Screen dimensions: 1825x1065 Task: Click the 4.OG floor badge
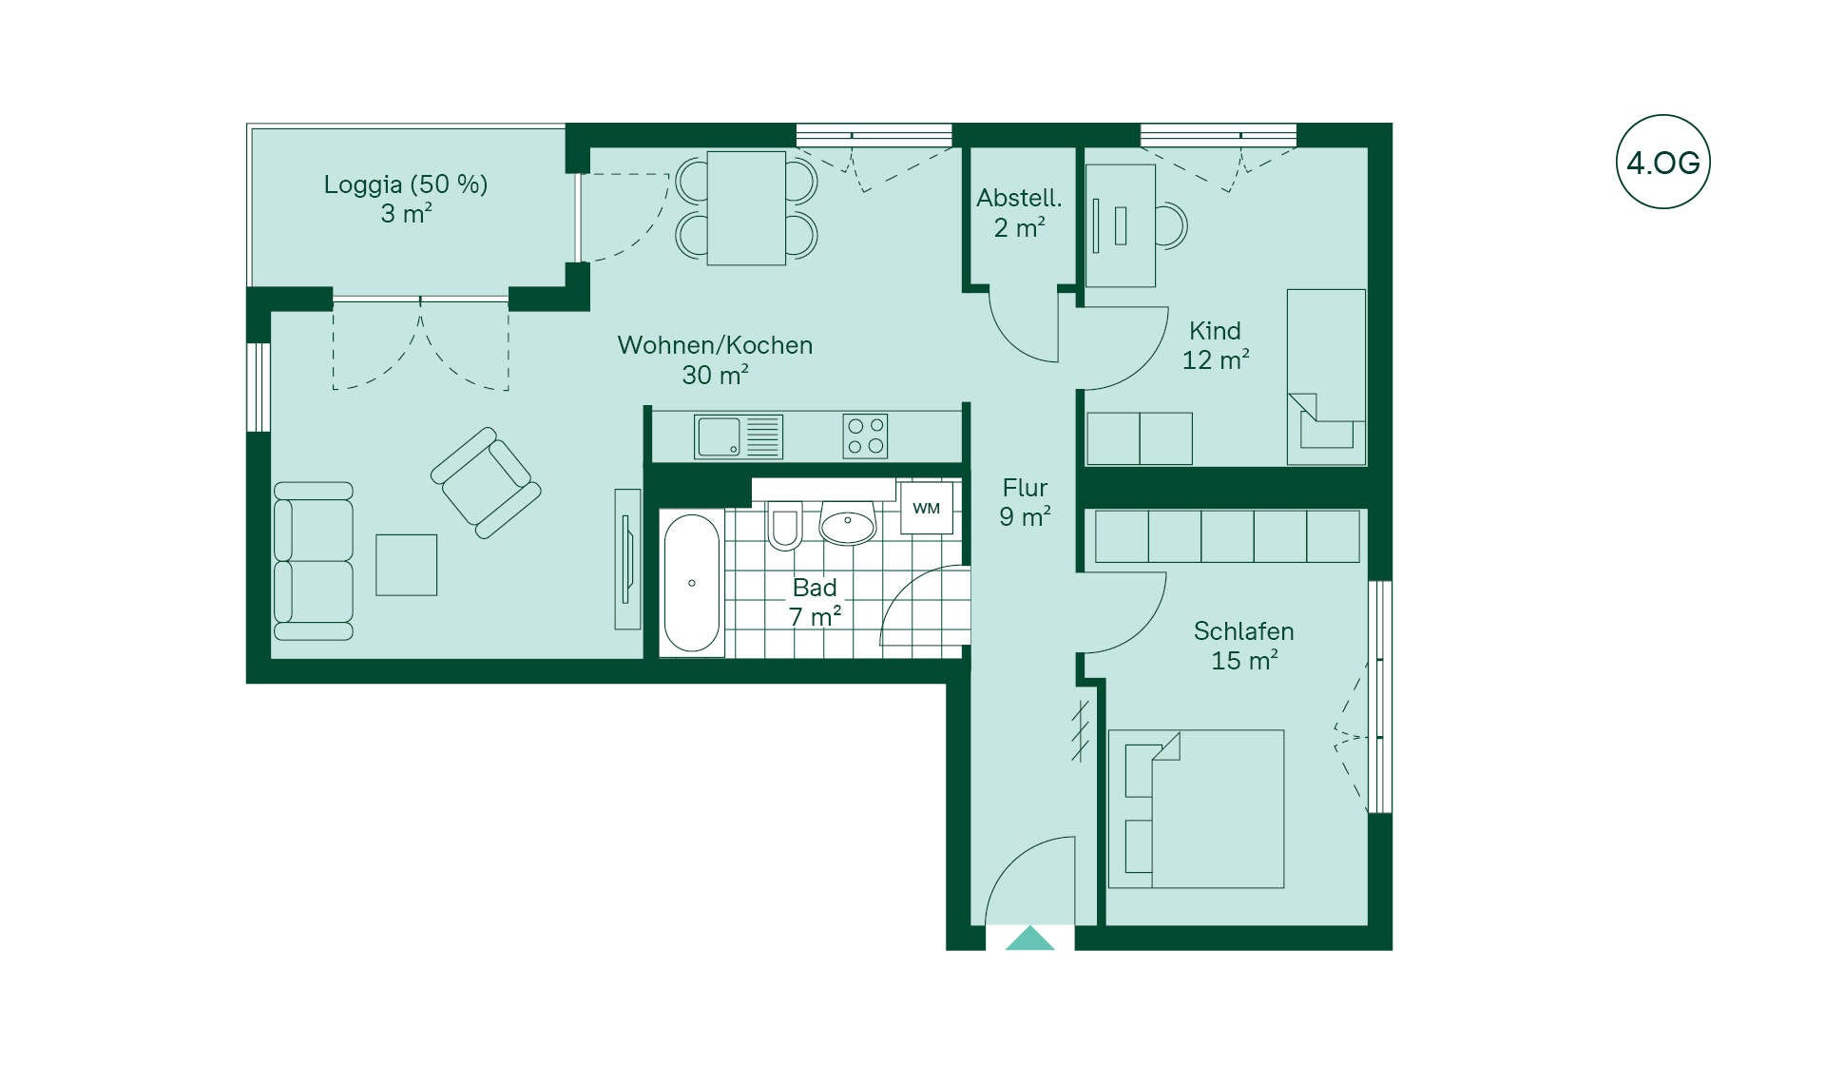point(1662,162)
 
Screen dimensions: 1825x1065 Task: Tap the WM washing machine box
point(926,508)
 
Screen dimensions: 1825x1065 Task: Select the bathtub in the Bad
point(692,583)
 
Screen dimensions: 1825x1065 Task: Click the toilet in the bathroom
point(785,526)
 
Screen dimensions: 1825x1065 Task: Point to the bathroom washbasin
point(847,524)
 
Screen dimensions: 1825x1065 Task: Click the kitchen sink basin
point(719,436)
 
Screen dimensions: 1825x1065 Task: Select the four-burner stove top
point(865,436)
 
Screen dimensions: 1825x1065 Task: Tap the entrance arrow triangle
point(1029,939)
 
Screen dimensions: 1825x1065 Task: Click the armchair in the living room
point(486,483)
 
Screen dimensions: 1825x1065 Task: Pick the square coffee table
point(407,565)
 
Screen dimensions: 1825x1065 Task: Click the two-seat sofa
point(314,561)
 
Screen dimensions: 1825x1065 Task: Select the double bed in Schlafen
point(1197,809)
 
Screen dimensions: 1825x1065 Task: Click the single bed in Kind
point(1326,378)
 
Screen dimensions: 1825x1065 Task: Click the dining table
point(746,208)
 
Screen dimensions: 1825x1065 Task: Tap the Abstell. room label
point(1019,198)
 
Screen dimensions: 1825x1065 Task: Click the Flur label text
point(1025,488)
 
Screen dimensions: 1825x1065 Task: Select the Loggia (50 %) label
point(406,184)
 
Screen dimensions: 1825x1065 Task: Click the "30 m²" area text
point(715,375)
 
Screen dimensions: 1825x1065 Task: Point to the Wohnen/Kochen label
point(715,345)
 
